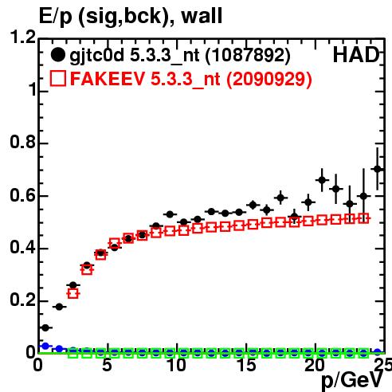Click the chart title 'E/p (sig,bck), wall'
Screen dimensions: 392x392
131,17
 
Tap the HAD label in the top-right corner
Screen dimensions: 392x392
356,55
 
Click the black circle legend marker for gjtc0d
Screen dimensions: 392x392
57,55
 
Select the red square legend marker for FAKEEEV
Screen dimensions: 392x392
58,78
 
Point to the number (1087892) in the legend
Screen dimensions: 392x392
248,55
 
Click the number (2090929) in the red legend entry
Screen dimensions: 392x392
269,79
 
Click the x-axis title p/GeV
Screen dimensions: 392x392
352,381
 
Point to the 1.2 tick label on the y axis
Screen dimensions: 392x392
22,37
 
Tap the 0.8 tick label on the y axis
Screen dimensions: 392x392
22,142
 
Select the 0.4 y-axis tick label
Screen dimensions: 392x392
22,248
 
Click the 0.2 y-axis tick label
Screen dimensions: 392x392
22,300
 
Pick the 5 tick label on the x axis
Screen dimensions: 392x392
107,365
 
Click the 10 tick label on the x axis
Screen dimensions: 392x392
176,365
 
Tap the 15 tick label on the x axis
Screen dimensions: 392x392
246,365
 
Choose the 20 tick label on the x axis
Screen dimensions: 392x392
315,365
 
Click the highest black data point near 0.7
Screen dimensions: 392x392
377,169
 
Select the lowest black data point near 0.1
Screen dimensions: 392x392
45,328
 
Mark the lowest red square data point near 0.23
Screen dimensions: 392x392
73,293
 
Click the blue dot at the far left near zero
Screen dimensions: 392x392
45,346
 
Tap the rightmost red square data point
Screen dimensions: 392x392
363,218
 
